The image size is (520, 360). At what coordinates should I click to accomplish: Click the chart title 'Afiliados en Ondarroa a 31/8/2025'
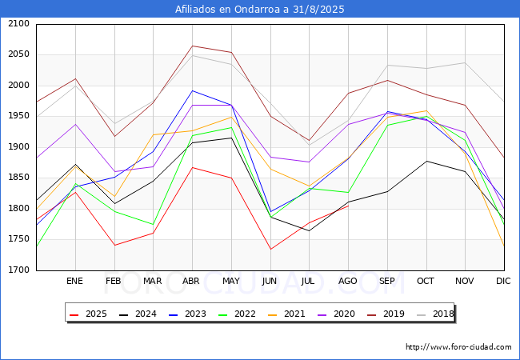(x=259, y=9)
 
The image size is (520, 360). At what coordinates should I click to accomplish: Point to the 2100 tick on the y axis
(x=18, y=24)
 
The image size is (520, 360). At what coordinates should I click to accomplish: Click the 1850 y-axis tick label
(x=18, y=178)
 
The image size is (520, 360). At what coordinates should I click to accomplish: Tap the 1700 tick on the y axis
(x=18, y=270)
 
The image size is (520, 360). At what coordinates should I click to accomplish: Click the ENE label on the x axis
(x=74, y=281)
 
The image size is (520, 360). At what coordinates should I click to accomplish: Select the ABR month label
(x=191, y=281)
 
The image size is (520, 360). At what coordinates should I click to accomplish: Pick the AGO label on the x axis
(x=348, y=281)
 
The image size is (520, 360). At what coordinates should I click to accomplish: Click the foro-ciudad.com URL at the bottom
(x=458, y=347)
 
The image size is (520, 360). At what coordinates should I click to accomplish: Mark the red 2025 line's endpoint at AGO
(x=348, y=206)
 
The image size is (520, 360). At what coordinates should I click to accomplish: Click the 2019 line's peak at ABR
(x=191, y=46)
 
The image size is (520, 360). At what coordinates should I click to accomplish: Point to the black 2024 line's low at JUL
(x=309, y=230)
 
